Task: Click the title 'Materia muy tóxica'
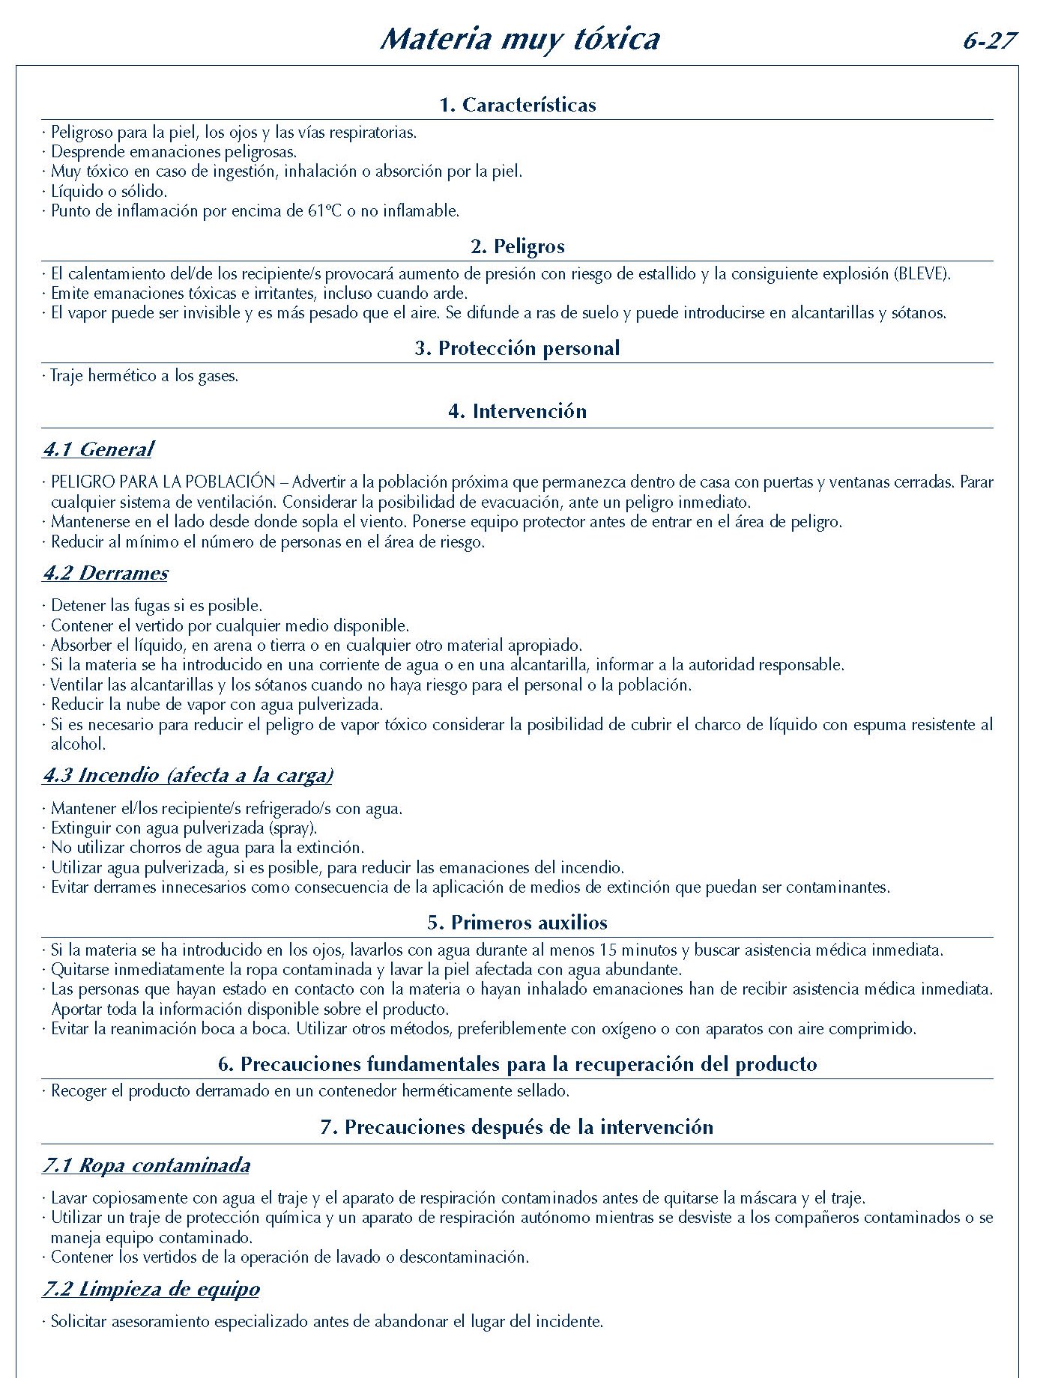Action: (519, 40)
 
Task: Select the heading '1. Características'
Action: (518, 105)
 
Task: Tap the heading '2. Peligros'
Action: (518, 246)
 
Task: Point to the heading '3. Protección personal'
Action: (518, 348)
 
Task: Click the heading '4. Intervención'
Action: (518, 411)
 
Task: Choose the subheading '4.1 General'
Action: (98, 449)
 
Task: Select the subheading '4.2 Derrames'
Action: (106, 573)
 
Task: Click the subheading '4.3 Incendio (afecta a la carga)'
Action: (188, 775)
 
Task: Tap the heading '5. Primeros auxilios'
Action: (518, 923)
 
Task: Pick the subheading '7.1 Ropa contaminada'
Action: (147, 1165)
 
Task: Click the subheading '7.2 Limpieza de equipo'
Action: (151, 1289)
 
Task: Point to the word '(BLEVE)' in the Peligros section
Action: (922, 274)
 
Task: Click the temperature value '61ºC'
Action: (324, 211)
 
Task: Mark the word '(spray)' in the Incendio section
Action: (293, 828)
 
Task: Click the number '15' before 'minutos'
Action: (608, 950)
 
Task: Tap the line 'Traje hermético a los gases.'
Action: (145, 376)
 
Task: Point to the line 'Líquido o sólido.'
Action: (109, 191)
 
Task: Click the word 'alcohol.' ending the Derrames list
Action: (78, 744)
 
